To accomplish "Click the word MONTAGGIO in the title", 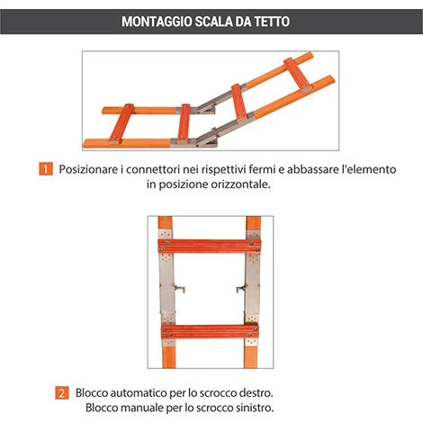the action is tap(157, 22).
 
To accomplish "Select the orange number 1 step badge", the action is tap(46, 169).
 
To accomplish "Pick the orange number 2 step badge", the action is tap(62, 392).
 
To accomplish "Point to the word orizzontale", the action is tap(240, 184).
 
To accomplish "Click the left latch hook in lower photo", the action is tap(179, 289).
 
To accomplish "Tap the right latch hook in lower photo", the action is tap(241, 289).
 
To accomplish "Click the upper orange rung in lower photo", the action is tap(210, 246).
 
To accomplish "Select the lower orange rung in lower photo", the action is tap(210, 331).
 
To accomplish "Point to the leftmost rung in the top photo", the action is tap(121, 123).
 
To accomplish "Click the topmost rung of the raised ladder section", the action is tap(298, 75).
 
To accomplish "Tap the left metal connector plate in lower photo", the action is tap(166, 288).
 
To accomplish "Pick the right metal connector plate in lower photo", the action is tap(252, 288).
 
